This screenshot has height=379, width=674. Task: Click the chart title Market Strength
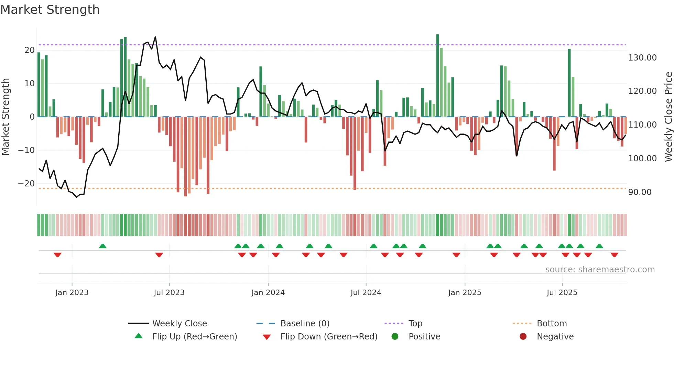pyautogui.click(x=50, y=10)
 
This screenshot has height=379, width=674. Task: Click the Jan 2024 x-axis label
pyautogui.click(x=268, y=292)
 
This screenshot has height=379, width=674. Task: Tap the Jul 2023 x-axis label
pyautogui.click(x=169, y=292)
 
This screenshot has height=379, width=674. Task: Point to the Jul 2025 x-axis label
pyautogui.click(x=562, y=292)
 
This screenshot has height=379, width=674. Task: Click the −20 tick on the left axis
pyautogui.click(x=26, y=183)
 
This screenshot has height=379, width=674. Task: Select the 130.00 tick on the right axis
pyautogui.click(x=642, y=57)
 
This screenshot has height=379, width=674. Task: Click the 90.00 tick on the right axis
pyautogui.click(x=640, y=192)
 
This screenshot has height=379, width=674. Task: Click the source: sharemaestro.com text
pyautogui.click(x=600, y=269)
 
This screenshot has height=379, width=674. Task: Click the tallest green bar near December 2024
pyautogui.click(x=437, y=76)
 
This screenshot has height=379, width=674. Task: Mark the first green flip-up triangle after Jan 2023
pyautogui.click(x=102, y=246)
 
